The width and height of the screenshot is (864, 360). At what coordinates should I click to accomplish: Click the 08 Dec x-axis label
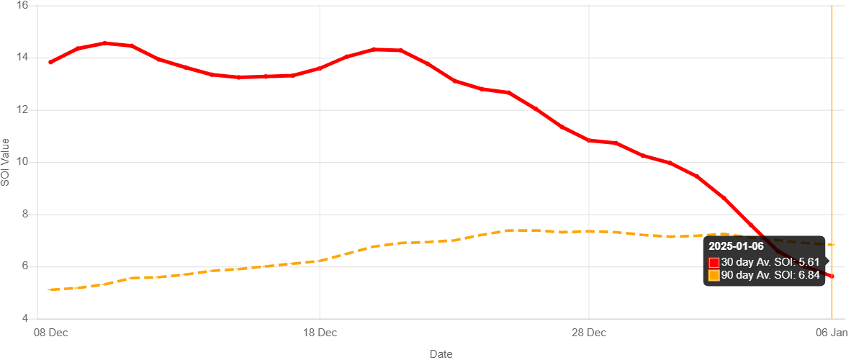[x=51, y=333]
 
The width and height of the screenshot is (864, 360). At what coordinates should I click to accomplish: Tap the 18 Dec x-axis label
[x=320, y=333]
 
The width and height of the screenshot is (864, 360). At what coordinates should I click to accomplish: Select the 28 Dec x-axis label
[x=589, y=333]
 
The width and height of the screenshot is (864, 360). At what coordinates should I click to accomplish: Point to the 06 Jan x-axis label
[x=832, y=333]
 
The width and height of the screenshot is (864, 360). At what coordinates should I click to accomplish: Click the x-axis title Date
[x=441, y=354]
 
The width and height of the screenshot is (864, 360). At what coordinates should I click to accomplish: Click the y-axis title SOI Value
[x=6, y=161]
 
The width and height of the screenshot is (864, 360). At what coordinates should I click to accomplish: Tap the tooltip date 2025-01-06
[x=736, y=247]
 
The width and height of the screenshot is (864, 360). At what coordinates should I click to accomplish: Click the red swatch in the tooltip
[x=714, y=262]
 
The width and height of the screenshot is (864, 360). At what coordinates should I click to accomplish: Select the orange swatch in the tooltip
[x=714, y=275]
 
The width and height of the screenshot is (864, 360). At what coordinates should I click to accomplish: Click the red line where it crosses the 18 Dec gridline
[x=320, y=68]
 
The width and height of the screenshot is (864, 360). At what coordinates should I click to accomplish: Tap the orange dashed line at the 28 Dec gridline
[x=589, y=231]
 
